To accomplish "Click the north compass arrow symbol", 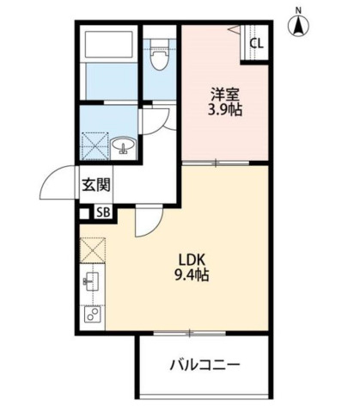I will [300, 28].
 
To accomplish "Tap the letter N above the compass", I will [300, 9].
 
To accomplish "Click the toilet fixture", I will [157, 58].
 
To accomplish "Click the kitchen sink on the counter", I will [92, 281].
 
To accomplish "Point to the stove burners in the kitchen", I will [92, 313].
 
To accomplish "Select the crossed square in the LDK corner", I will [92, 250].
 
